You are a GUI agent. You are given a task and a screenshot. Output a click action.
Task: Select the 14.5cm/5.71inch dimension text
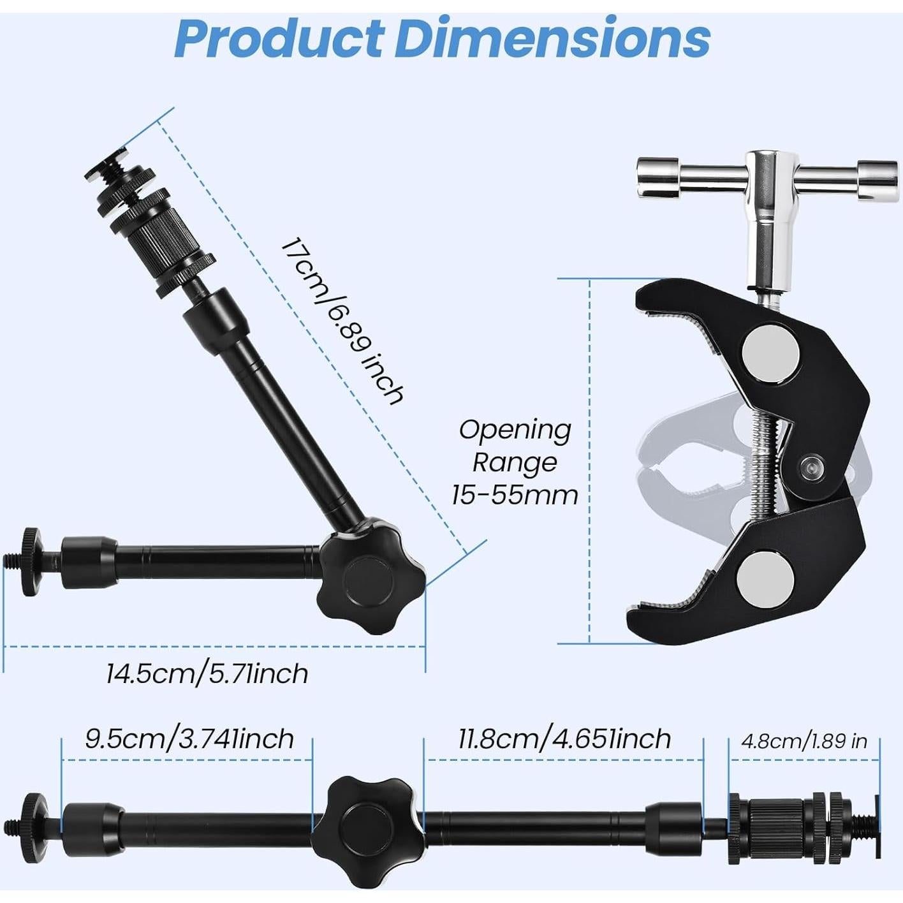(207, 673)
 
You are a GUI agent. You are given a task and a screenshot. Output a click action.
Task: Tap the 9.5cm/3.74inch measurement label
(189, 738)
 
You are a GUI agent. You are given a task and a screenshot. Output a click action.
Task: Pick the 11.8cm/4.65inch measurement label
(564, 738)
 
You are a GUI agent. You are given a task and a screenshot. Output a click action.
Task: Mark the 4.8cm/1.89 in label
(804, 741)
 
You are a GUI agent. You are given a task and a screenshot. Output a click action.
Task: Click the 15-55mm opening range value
(515, 495)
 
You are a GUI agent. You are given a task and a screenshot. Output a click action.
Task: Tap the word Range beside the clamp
(515, 462)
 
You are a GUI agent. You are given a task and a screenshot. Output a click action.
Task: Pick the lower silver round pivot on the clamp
(765, 580)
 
